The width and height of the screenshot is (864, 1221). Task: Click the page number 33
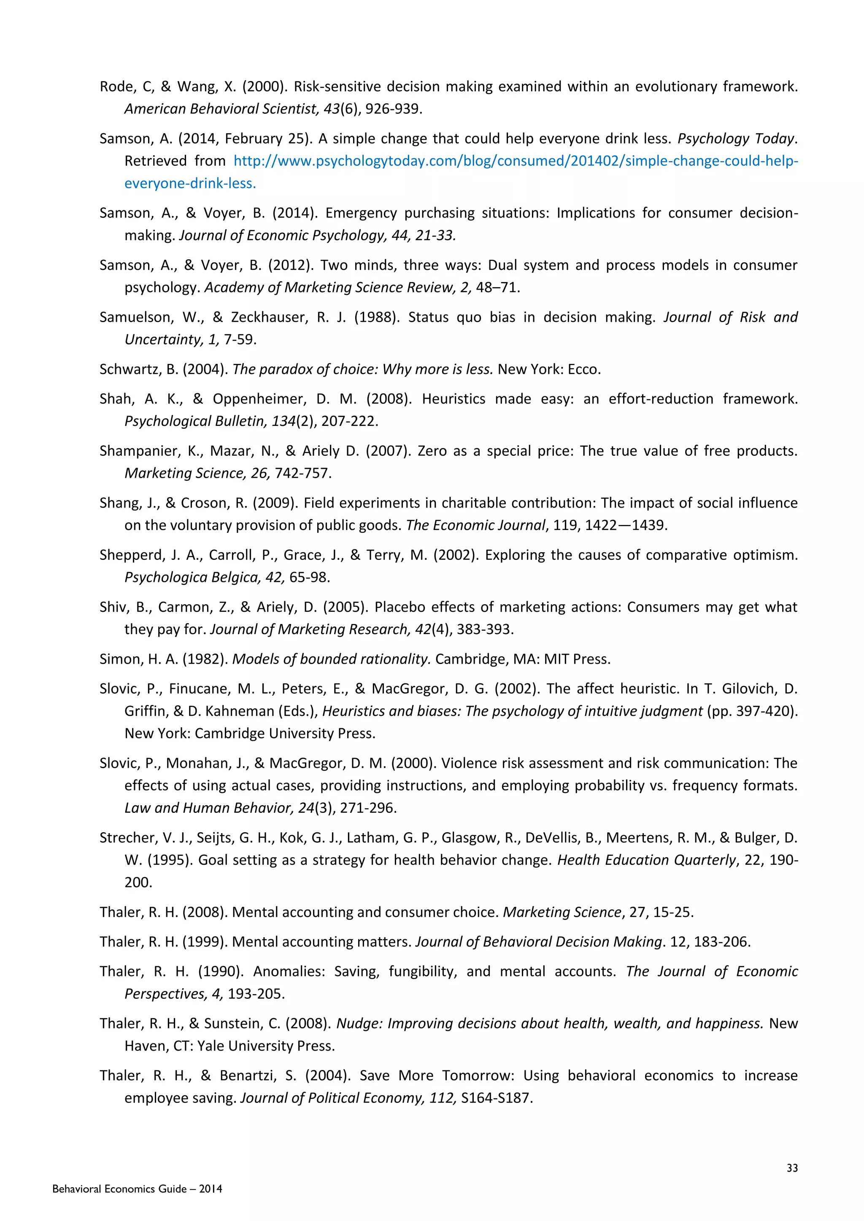pyautogui.click(x=792, y=1168)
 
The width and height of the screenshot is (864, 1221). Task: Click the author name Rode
pyautogui.click(x=116, y=87)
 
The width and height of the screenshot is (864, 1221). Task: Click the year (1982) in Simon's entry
pyautogui.click(x=205, y=659)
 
